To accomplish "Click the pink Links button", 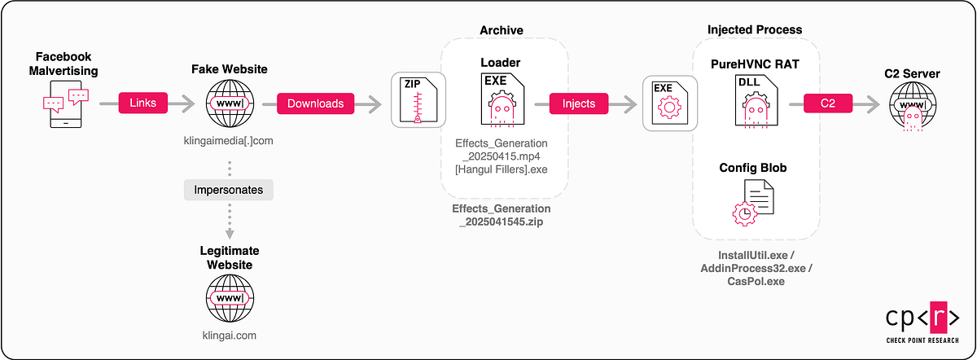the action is click(x=143, y=103).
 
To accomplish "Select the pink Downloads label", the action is click(x=315, y=103).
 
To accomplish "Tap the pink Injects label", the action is click(x=579, y=103).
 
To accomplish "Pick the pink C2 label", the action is click(x=828, y=103).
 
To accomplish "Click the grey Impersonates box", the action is click(x=229, y=190).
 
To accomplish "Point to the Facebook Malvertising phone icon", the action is click(x=66, y=104).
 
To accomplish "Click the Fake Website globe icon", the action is click(x=230, y=103).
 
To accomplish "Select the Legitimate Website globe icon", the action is click(x=230, y=298).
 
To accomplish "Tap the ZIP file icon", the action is click(x=418, y=100).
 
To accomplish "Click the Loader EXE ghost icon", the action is click(x=502, y=100).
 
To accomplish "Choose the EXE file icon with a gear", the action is click(x=670, y=103).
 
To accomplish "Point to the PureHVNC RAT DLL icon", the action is click(x=756, y=102).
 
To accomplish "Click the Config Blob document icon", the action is click(x=753, y=203).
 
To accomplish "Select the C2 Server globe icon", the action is click(x=913, y=106).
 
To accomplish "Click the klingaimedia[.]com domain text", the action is click(x=229, y=141).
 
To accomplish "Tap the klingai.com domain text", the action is click(x=230, y=336).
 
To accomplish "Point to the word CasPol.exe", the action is click(x=756, y=282).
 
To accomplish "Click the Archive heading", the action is click(x=502, y=30).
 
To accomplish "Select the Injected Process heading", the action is click(x=755, y=29).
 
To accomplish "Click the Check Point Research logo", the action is click(x=922, y=322).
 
